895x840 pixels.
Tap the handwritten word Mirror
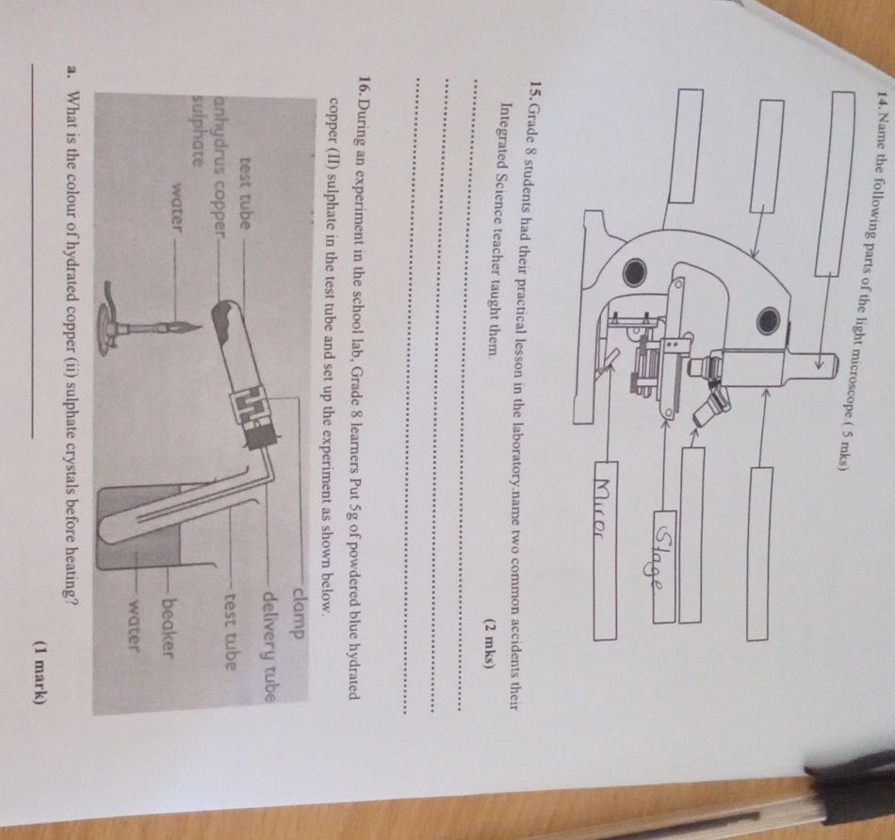605,509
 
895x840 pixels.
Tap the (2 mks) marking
489,644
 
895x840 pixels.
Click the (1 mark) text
39,674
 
